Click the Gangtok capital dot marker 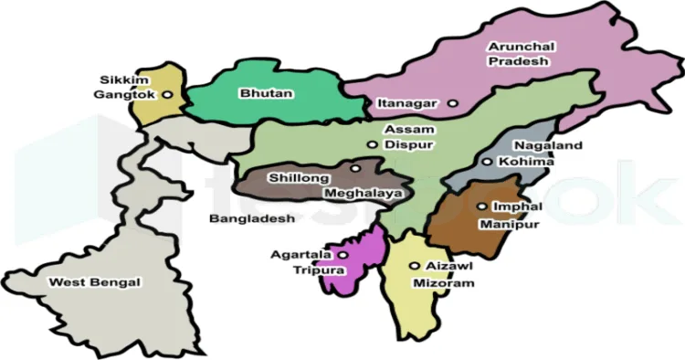click(x=168, y=94)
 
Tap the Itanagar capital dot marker click(x=452, y=103)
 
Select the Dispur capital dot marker click(x=372, y=144)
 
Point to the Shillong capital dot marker click(x=354, y=168)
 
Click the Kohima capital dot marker click(x=488, y=162)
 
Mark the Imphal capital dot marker click(x=481, y=206)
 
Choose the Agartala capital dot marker click(x=343, y=255)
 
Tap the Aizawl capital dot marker click(x=415, y=265)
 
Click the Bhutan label click(x=258, y=93)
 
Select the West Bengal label click(x=96, y=282)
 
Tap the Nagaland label click(x=547, y=145)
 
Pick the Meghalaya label click(x=363, y=194)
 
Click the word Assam click(x=402, y=130)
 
